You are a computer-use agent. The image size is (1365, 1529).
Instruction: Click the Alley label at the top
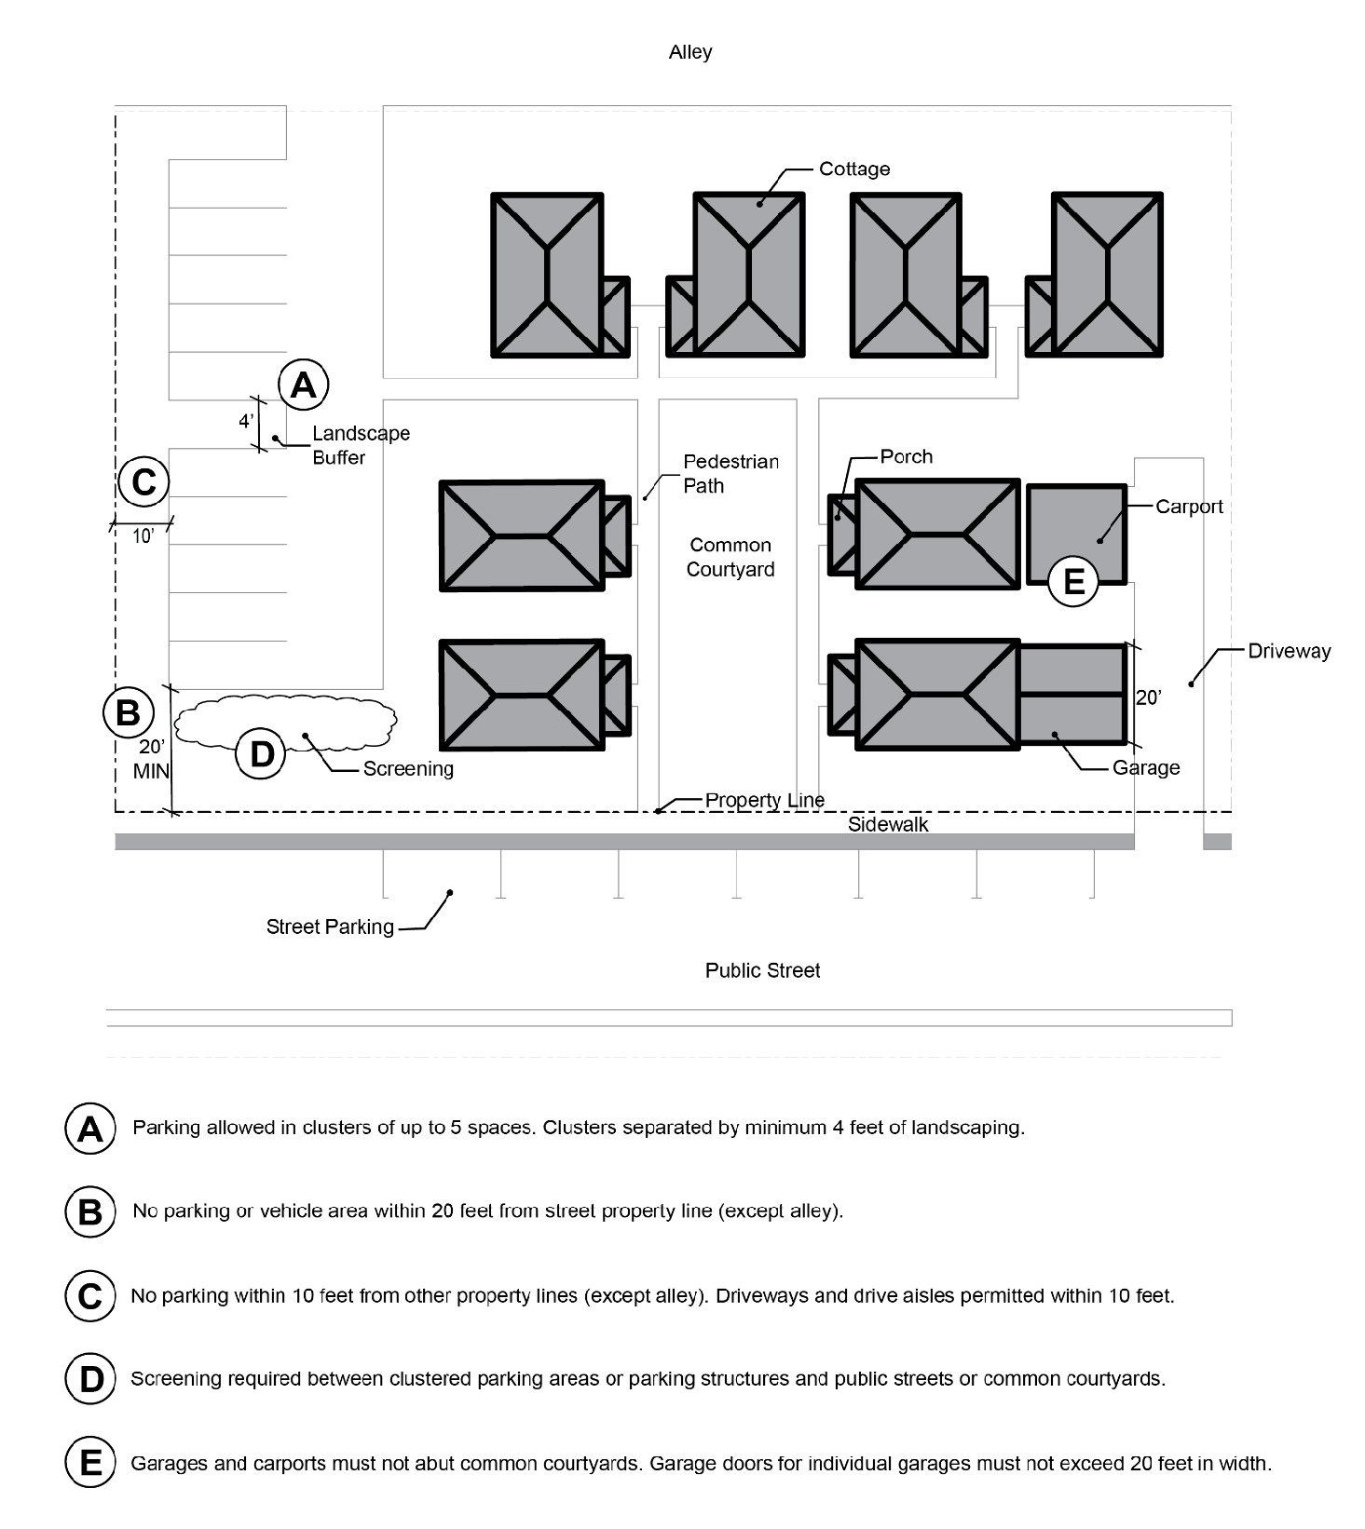point(690,52)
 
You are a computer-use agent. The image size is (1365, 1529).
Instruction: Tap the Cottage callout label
point(854,169)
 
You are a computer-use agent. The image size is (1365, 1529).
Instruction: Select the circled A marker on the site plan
point(304,384)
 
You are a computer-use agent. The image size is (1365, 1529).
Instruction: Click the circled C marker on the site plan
point(144,481)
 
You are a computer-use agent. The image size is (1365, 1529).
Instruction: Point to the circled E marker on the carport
point(1073,582)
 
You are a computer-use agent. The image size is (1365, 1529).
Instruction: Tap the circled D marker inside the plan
point(262,753)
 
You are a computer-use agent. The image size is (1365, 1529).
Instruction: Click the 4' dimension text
point(246,421)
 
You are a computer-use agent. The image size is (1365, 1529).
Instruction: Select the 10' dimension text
point(143,536)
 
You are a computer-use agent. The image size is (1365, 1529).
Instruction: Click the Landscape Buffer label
point(361,445)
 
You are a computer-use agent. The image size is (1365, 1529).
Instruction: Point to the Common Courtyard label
point(730,557)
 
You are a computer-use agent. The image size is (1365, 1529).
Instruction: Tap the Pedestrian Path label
point(730,473)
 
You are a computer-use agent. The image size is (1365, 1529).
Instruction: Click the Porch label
point(907,456)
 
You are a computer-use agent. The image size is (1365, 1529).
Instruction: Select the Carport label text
point(1189,507)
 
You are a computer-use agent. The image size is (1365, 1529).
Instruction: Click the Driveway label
point(1290,651)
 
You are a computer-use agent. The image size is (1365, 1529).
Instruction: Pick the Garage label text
point(1146,767)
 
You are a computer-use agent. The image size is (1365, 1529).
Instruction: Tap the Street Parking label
point(330,927)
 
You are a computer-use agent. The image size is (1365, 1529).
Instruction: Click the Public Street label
point(762,970)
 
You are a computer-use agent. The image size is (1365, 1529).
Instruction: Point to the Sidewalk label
point(888,824)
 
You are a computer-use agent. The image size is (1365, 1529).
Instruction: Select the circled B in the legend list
point(90,1211)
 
